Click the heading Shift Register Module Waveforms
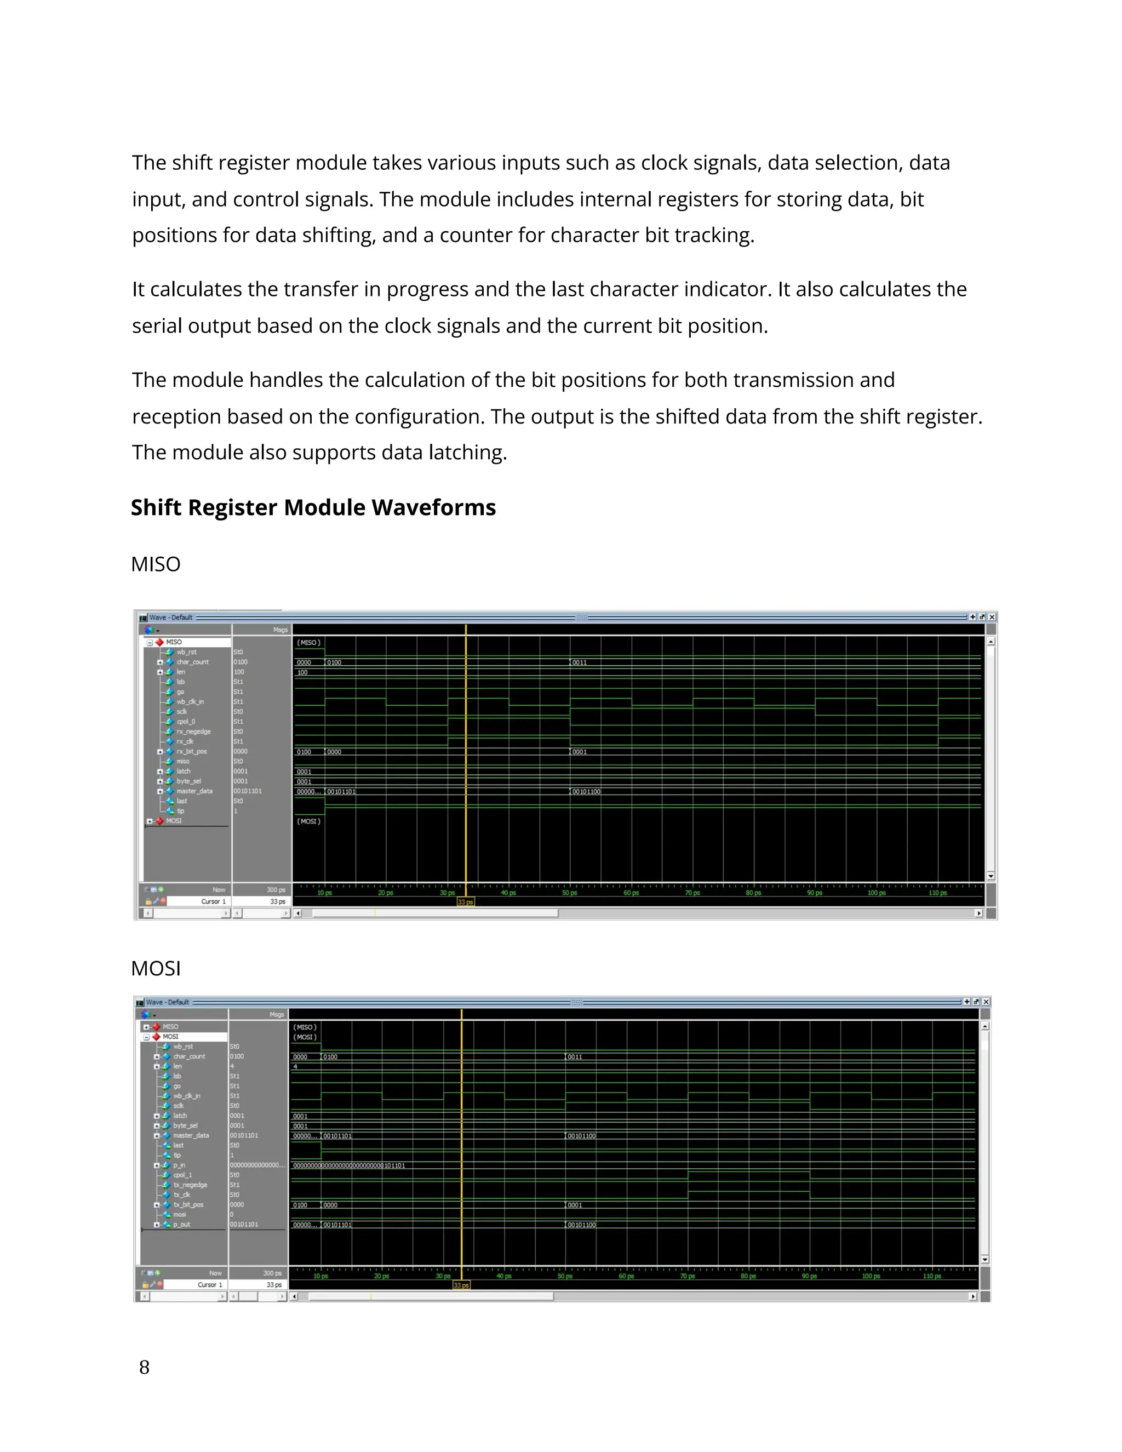tap(313, 507)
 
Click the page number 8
tap(144, 1368)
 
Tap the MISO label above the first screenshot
tap(156, 564)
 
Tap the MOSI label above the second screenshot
tap(156, 969)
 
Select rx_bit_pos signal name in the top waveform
tap(191, 751)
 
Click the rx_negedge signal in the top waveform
tap(193, 731)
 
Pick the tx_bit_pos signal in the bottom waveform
tap(188, 1205)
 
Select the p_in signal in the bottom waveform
tap(180, 1165)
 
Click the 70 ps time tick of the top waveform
tap(692, 893)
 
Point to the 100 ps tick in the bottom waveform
tap(871, 1277)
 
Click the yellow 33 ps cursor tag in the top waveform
tap(465, 902)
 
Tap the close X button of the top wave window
tap(992, 617)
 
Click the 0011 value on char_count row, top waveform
tap(579, 663)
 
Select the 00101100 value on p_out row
tap(582, 1225)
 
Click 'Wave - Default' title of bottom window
tap(168, 1002)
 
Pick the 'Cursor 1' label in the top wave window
tap(213, 901)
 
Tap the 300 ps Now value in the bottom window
tap(272, 1273)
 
